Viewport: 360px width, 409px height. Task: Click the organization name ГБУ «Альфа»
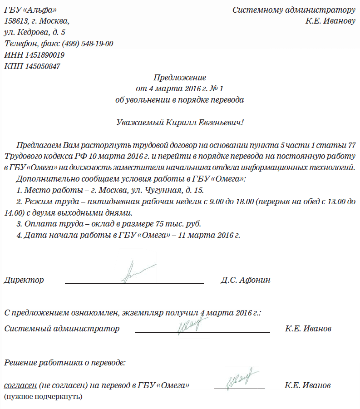coord(30,10)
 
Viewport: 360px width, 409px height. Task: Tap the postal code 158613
coord(16,21)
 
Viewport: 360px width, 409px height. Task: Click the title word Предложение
coord(180,78)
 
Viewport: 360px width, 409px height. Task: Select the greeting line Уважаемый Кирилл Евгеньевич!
coord(180,122)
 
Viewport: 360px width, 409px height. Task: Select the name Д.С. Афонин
coord(246,280)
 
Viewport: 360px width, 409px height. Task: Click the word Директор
coord(24,280)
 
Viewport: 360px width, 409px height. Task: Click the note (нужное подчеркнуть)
coord(43,397)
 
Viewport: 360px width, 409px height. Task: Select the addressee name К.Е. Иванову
coord(330,21)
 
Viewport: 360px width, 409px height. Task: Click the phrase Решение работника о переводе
coord(65,363)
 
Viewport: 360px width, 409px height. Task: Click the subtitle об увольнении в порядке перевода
coord(180,100)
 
